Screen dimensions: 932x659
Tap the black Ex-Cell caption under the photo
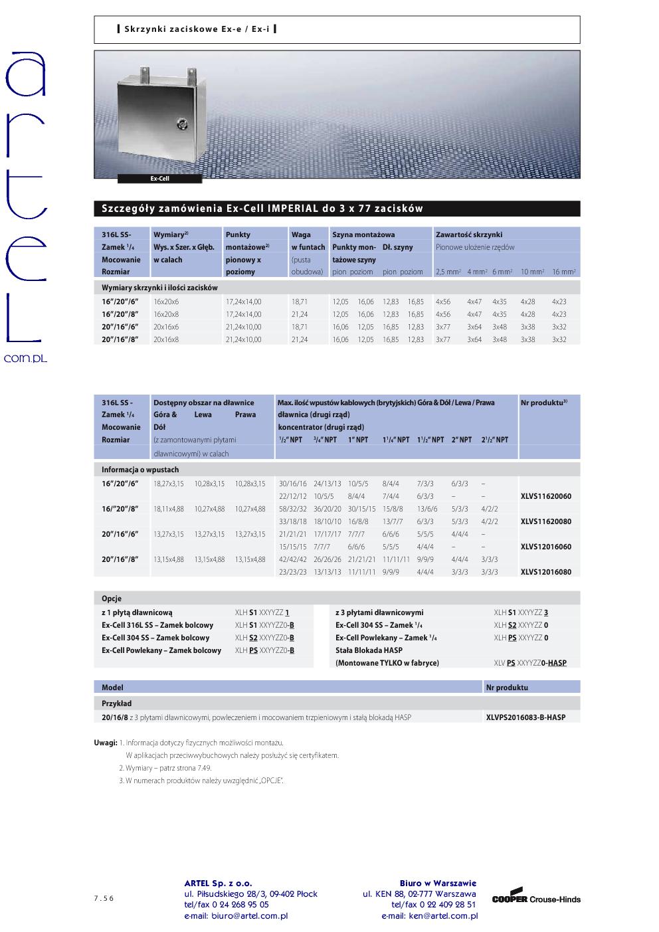(159, 179)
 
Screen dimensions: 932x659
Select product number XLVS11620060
(545, 496)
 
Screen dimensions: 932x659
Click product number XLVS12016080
(545, 572)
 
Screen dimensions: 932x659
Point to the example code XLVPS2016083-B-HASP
(525, 717)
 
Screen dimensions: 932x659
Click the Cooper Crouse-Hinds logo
(536, 898)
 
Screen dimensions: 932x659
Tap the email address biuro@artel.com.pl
(236, 915)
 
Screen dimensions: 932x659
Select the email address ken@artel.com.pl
(429, 915)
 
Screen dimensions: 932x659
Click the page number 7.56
(104, 898)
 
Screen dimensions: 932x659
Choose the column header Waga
(301, 234)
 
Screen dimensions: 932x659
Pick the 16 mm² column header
(564, 272)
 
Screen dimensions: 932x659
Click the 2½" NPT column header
(494, 440)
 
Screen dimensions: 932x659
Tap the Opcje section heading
(112, 599)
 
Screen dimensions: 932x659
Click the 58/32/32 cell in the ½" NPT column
(293, 509)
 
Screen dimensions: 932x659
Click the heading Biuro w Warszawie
(438, 884)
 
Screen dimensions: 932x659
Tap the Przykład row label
(116, 703)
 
